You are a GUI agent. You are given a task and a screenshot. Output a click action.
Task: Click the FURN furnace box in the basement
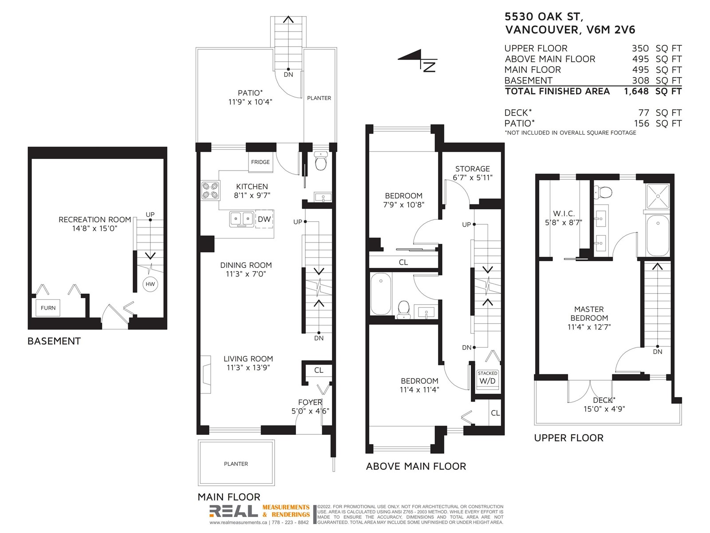(48, 308)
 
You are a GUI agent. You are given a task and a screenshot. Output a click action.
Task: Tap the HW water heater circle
(150, 284)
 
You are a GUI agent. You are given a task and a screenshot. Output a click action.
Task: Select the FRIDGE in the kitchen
(260, 162)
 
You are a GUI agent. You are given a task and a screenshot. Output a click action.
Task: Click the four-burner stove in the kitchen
(210, 191)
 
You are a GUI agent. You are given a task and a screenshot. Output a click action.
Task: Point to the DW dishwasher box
(264, 219)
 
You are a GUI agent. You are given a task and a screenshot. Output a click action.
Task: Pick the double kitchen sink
(242, 219)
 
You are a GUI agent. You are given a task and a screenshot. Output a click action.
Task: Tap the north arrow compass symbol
(418, 60)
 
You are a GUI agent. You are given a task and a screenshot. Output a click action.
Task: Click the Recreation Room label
(95, 219)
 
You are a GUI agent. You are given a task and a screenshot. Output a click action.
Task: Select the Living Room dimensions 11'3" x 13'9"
(248, 368)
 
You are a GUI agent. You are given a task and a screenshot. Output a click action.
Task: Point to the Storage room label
(473, 169)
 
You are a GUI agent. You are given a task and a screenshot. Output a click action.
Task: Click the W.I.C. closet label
(564, 214)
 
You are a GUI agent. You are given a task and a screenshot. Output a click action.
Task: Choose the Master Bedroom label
(589, 314)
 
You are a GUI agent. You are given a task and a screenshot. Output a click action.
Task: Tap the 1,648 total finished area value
(636, 91)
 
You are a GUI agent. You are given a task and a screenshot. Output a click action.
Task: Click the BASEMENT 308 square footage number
(640, 80)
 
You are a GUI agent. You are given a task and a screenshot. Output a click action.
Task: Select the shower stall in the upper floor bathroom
(658, 196)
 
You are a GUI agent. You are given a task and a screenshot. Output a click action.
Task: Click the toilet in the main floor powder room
(320, 161)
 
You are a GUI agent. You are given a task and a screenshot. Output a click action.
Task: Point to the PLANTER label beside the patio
(319, 98)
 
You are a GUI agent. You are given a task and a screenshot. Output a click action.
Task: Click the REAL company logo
(233, 511)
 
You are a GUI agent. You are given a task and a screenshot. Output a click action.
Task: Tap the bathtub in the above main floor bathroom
(381, 294)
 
